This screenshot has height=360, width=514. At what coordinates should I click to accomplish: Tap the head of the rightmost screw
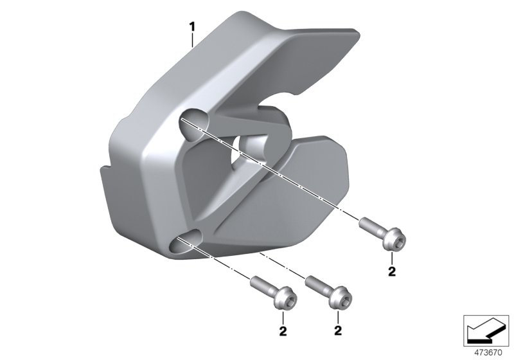tap(395, 241)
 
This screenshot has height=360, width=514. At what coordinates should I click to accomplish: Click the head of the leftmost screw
tap(284, 300)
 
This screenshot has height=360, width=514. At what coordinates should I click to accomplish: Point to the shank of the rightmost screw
tap(371, 227)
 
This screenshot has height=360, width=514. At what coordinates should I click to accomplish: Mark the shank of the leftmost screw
tap(261, 286)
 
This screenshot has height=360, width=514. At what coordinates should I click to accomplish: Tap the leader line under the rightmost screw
tap(391, 256)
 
